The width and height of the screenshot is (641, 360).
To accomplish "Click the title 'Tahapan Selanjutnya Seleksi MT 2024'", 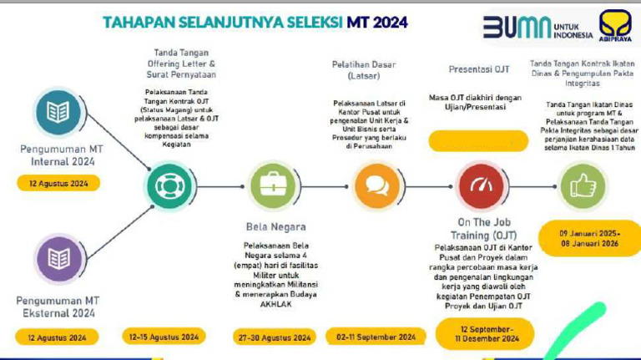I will point(255,22).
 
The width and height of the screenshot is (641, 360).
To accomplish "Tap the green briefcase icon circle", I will point(273,185).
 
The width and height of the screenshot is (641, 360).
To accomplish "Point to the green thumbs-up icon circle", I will point(583,185).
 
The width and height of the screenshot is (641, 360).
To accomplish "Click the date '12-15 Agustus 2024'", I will point(164,337).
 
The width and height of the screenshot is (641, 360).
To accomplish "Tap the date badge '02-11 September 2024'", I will point(376,337).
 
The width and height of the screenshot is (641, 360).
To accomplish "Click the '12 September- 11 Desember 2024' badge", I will point(477,332).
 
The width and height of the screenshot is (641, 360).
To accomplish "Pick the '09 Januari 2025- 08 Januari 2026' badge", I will point(589,238).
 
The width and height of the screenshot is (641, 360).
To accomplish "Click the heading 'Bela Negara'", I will point(275,226).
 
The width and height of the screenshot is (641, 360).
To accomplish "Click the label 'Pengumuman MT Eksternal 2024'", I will point(58,307).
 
